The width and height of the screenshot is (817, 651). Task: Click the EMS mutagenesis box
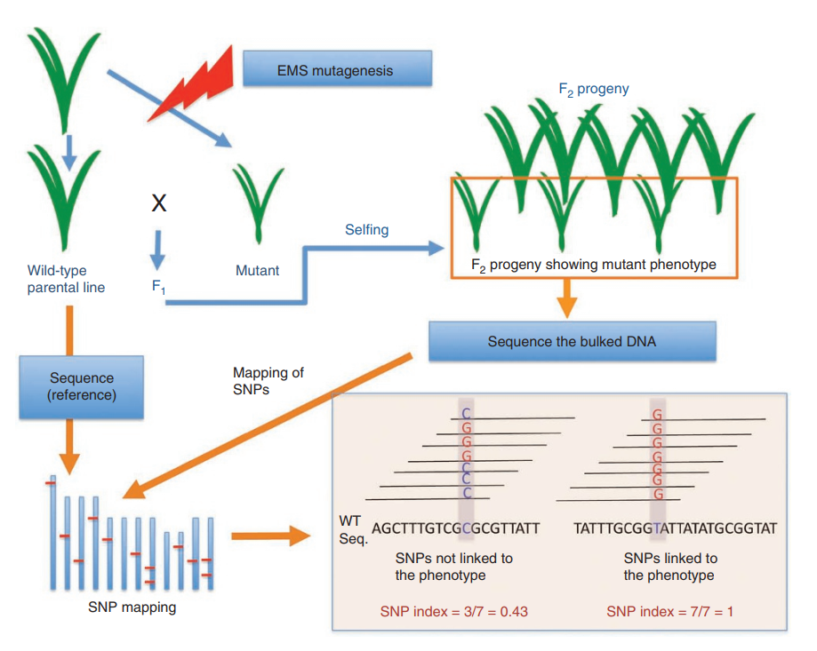tap(337, 68)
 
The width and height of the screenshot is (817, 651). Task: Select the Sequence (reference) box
tap(81, 386)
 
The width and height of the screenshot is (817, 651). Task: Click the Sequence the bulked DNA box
tap(573, 341)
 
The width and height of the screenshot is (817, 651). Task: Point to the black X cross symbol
tap(159, 202)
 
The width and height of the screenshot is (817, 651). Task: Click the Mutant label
tap(258, 271)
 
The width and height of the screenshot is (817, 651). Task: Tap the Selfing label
tap(367, 230)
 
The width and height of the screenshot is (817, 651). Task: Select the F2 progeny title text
tap(594, 90)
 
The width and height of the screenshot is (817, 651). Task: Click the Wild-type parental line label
tap(66, 279)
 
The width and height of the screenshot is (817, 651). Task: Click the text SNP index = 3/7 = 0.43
tap(453, 611)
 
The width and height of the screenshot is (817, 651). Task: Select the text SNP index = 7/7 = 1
tap(669, 611)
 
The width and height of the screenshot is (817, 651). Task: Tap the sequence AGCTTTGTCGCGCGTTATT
tap(455, 528)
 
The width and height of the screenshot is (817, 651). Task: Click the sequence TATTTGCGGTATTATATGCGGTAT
tap(676, 528)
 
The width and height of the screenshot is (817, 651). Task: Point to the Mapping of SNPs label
tap(268, 381)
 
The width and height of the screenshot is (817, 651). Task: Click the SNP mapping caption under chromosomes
tap(132, 607)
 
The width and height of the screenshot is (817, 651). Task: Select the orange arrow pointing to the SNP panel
tap(271, 536)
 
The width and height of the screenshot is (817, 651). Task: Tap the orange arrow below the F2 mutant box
tap(567, 298)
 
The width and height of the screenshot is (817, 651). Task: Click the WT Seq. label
tap(353, 529)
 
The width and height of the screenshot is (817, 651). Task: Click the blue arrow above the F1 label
tap(157, 250)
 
